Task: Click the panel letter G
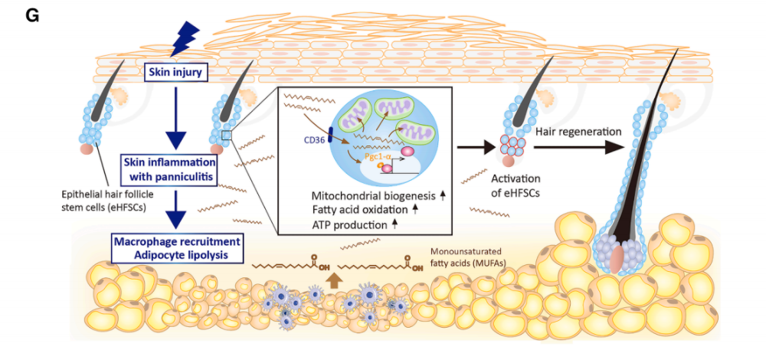pyautogui.click(x=31, y=15)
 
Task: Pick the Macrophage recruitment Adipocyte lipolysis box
pyautogui.click(x=176, y=248)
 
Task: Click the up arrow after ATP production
pyautogui.click(x=394, y=224)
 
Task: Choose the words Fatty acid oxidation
pyautogui.click(x=359, y=211)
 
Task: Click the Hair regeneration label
pyautogui.click(x=578, y=132)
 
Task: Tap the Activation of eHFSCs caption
pyautogui.click(x=515, y=185)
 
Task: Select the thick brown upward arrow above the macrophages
pyautogui.click(x=336, y=280)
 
